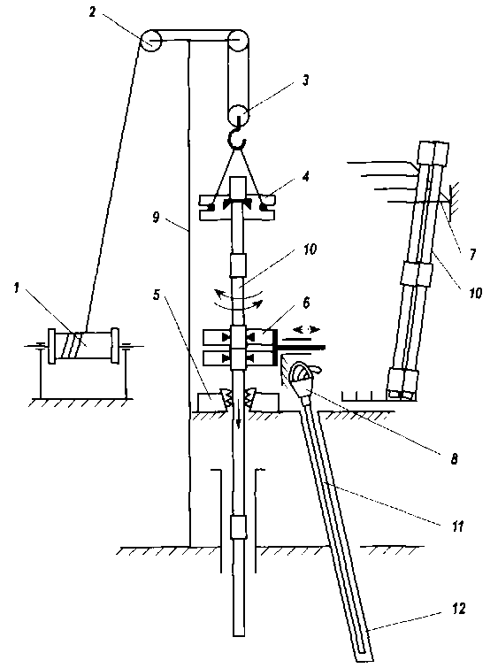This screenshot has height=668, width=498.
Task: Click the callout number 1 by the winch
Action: pyautogui.click(x=17, y=288)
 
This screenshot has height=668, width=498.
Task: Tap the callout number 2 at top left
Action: pyautogui.click(x=93, y=12)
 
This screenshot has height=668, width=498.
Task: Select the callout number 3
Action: pyautogui.click(x=305, y=81)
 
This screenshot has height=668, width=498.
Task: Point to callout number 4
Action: pyautogui.click(x=305, y=175)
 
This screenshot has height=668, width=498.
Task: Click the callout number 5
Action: pyautogui.click(x=157, y=294)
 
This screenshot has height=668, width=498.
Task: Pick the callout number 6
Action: pyautogui.click(x=306, y=303)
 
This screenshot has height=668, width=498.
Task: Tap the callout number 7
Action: pyautogui.click(x=472, y=254)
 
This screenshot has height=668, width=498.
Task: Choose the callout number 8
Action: pyautogui.click(x=454, y=458)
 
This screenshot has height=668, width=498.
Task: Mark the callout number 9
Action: pyautogui.click(x=156, y=218)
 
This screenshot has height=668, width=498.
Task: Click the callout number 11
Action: pyautogui.click(x=457, y=526)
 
